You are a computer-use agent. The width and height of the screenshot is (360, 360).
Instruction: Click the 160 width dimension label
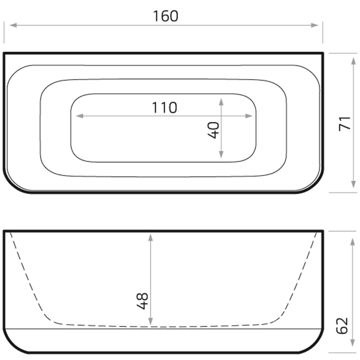coord(165,16)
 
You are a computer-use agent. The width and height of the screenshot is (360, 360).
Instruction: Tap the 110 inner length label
coord(164,108)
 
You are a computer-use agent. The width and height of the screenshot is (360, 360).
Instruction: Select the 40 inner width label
coord(214,130)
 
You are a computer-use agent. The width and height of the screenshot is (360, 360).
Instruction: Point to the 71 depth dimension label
coord(345,123)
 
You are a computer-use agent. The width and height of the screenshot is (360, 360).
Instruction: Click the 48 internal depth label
coord(142,301)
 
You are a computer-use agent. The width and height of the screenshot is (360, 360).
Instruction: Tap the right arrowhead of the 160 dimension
coord(315,25)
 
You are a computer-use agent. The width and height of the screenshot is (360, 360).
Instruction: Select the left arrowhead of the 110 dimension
coord(79,116)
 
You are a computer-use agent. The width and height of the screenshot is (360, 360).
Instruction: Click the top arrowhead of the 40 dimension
coord(221,102)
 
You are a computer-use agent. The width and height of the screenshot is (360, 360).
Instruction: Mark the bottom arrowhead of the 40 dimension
coord(221,155)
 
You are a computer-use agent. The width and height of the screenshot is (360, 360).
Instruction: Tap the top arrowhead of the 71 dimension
coord(353,61)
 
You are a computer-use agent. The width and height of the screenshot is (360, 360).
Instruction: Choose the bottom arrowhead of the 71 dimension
coord(353,184)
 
